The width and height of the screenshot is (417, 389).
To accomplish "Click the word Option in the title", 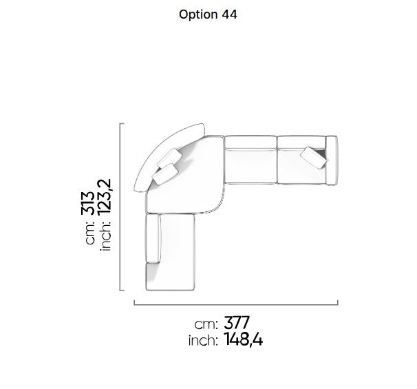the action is [198, 14].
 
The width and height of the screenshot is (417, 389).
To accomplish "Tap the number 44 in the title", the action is [229, 14].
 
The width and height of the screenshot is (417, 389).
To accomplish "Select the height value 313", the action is [88, 203].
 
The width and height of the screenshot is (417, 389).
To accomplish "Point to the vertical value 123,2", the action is [105, 197].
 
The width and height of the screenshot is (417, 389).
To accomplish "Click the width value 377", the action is [237, 323].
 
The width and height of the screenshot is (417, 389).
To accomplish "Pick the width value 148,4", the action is [244, 339].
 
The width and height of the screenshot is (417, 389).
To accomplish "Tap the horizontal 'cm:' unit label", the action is [206, 324].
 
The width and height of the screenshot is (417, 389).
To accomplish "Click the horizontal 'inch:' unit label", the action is [203, 341].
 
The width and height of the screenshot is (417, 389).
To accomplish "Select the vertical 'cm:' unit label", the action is [90, 232].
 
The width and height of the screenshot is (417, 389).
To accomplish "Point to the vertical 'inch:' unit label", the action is [105, 235].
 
